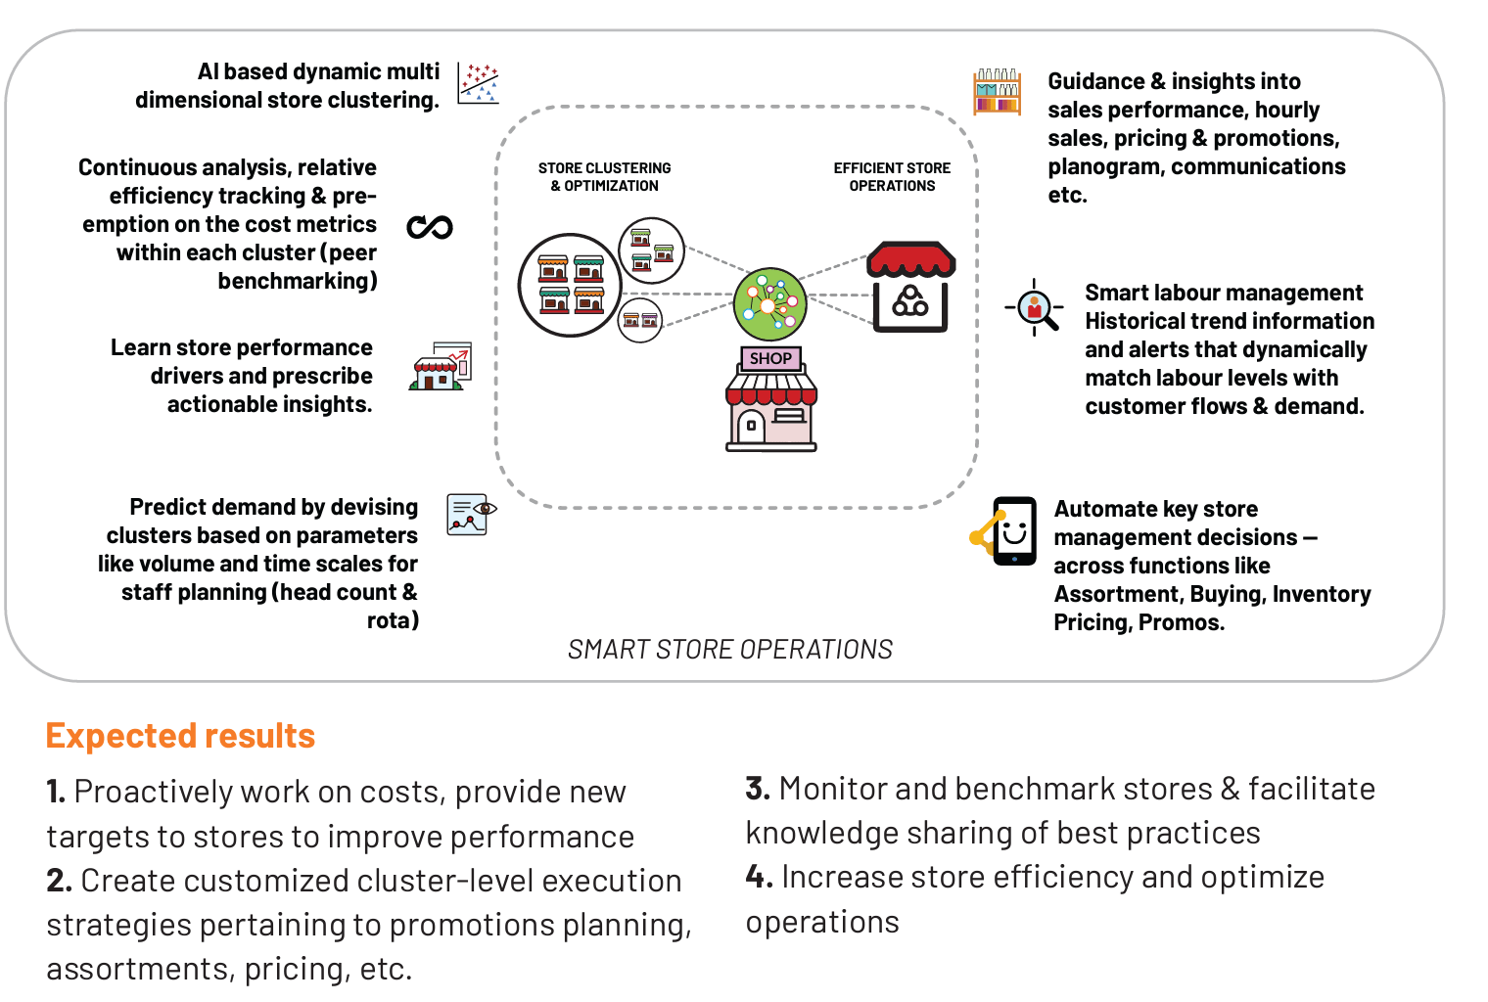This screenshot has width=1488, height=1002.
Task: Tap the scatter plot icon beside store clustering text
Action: pyautogui.click(x=478, y=84)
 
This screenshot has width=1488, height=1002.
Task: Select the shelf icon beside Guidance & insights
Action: pyautogui.click(x=998, y=92)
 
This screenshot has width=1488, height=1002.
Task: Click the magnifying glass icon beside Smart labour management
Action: pyautogui.click(x=1035, y=307)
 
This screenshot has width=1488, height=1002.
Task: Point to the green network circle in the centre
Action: pyautogui.click(x=769, y=304)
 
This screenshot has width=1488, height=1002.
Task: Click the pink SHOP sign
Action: pyautogui.click(x=770, y=358)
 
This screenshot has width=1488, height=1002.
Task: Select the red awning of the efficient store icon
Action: pyautogui.click(x=910, y=259)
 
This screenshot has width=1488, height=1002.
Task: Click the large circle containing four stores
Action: pyautogui.click(x=570, y=286)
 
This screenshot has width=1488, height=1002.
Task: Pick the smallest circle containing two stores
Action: pyautogui.click(x=639, y=321)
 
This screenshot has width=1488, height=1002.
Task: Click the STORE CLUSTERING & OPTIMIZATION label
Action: pyautogui.click(x=605, y=177)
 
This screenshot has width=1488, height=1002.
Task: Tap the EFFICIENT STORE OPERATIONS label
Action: pyautogui.click(x=892, y=177)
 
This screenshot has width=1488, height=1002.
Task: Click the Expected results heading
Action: pyautogui.click(x=180, y=736)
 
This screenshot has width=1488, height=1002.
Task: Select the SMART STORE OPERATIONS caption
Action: pyautogui.click(x=730, y=650)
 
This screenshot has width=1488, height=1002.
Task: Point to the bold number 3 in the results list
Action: pyautogui.click(x=758, y=789)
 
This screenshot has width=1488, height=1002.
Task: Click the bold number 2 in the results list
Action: pyautogui.click(x=59, y=881)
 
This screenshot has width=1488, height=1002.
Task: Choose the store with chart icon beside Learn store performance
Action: pyautogui.click(x=441, y=367)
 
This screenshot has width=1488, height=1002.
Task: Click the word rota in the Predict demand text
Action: pyautogui.click(x=393, y=620)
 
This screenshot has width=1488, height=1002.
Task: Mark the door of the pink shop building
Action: pyautogui.click(x=751, y=426)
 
